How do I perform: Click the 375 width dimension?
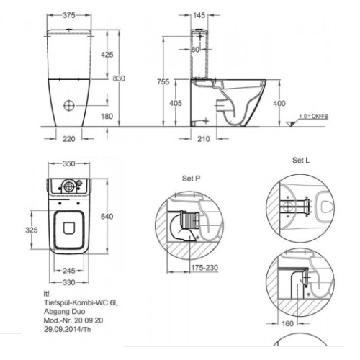tap(69, 15)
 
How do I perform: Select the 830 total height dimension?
tap(119, 78)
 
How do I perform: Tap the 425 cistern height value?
tap(107, 55)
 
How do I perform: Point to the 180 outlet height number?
tap(107, 117)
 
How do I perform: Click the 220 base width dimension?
tap(69, 139)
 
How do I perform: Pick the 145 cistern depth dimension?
tap(199, 15)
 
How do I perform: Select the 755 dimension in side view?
tap(163, 82)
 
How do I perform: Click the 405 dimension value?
tap(176, 103)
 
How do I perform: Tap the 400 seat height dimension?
tap(279, 104)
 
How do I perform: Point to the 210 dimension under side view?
tap(204, 139)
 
